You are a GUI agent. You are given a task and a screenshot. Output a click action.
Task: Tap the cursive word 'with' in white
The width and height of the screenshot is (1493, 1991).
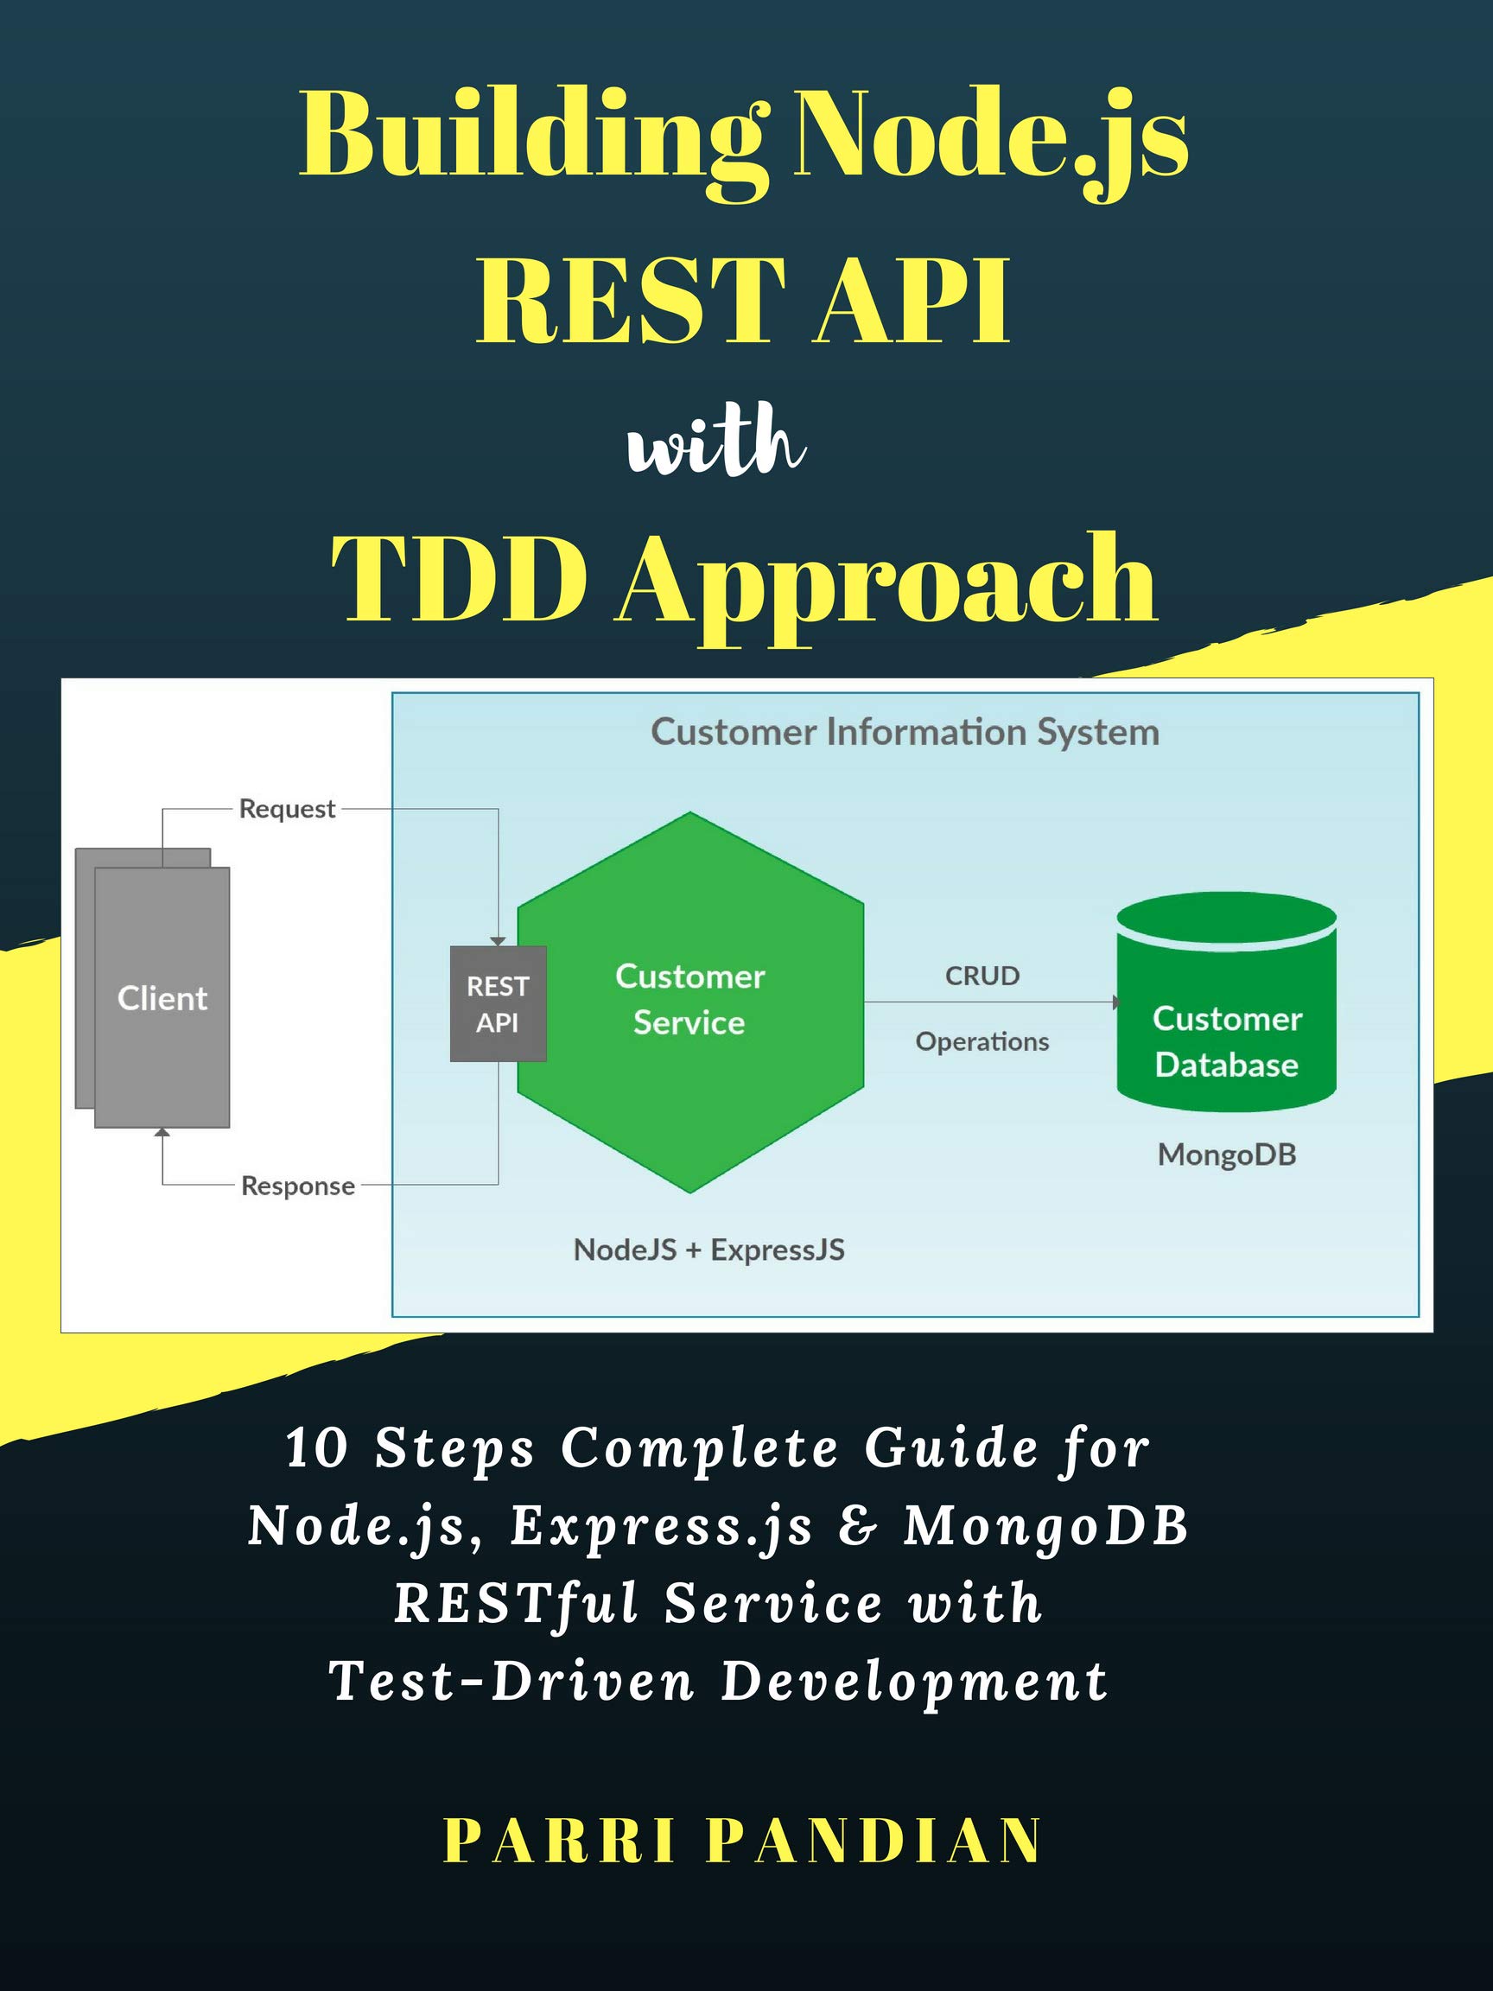715,442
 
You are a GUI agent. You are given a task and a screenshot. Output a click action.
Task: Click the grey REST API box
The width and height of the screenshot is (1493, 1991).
498,1003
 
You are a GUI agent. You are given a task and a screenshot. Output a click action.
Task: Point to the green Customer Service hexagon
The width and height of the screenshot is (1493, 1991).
690,1002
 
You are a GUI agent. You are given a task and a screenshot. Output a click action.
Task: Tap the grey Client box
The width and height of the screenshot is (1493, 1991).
162,997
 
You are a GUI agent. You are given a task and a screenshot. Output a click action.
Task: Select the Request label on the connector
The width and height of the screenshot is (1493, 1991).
287,809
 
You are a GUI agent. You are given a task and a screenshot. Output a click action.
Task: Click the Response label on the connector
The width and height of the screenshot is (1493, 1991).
298,1186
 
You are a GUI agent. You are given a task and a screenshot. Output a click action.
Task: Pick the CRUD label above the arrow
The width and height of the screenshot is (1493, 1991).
982,976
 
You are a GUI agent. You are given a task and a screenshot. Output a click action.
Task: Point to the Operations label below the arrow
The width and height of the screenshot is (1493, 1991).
982,1041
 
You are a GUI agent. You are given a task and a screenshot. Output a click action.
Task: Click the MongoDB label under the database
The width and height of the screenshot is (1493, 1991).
1227,1155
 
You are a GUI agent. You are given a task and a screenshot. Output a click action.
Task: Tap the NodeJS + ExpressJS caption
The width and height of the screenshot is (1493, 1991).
709,1250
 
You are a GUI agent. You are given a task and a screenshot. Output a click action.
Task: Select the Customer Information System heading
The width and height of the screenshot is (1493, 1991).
905,732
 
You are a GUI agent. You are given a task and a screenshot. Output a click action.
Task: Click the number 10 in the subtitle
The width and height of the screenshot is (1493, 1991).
317,1450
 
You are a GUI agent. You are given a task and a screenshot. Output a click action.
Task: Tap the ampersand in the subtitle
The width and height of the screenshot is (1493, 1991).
857,1527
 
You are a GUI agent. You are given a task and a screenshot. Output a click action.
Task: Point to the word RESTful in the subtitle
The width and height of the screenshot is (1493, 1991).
518,1604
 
